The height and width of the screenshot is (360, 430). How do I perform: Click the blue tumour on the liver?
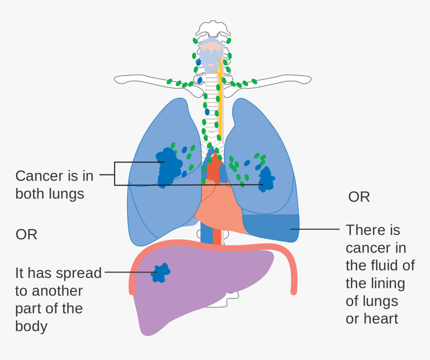pyautogui.click(x=160, y=273)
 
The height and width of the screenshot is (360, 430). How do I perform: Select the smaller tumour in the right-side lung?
pyautogui.click(x=266, y=179)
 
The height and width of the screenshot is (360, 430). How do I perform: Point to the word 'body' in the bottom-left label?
pyautogui.click(x=31, y=326)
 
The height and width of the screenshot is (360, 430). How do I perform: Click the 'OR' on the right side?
pyautogui.click(x=359, y=197)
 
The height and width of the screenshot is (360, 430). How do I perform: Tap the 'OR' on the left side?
pyautogui.click(x=26, y=234)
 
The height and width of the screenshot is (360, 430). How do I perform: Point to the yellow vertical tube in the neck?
pyautogui.click(x=219, y=100)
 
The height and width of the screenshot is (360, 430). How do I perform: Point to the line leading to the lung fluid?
pyautogui.click(x=315, y=229)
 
